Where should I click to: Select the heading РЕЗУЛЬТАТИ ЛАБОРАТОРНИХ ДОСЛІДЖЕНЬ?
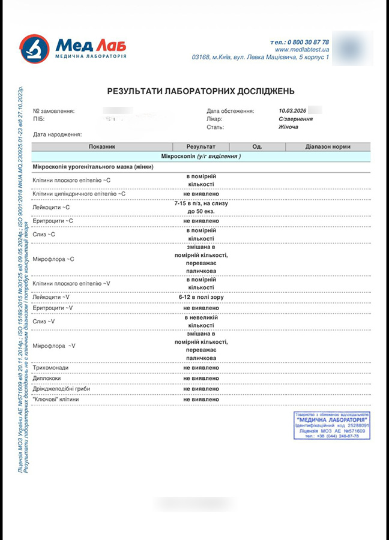click(x=201, y=91)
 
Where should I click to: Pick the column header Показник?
click(x=101, y=146)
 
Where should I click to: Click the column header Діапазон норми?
click(x=327, y=146)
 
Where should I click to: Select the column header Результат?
click(x=201, y=146)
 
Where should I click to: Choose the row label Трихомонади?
click(x=51, y=367)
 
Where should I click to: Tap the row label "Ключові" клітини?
click(x=56, y=399)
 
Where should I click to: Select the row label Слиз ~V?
click(x=44, y=322)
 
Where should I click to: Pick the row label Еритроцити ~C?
click(x=53, y=221)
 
